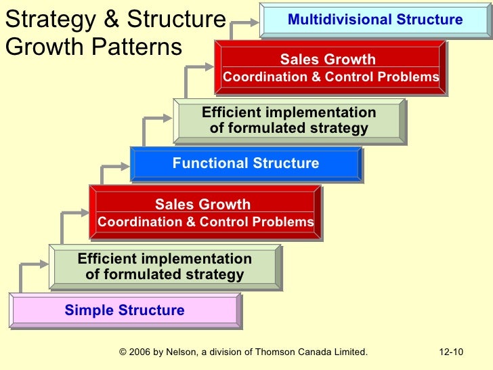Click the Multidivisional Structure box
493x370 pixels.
tap(375, 20)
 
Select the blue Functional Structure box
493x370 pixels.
tap(246, 164)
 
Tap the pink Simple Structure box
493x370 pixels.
tap(125, 311)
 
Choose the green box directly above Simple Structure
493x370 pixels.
tap(165, 267)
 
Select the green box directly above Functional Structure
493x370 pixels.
tap(289, 121)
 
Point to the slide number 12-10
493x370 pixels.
tap(450, 352)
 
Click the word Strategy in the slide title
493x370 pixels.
tap(41, 20)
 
